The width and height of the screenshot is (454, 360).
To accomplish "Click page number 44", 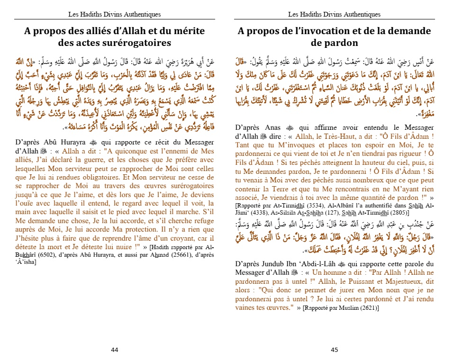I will click(x=115, y=350).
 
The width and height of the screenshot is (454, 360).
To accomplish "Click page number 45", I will click(x=334, y=350).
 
